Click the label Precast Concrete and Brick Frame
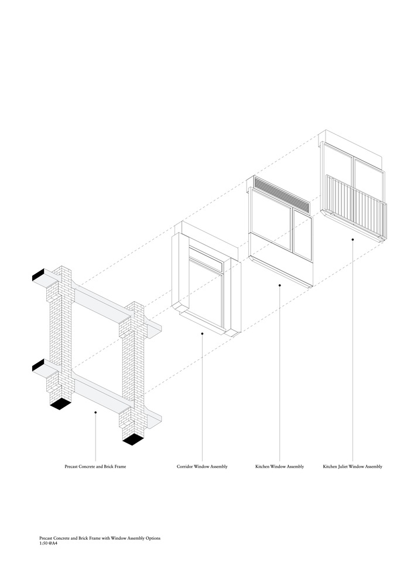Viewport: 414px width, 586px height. [95, 467]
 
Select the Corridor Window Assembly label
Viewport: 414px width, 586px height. [202, 467]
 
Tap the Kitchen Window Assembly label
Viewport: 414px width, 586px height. [279, 467]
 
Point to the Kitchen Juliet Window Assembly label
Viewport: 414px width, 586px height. [353, 467]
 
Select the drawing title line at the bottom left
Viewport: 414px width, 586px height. [100, 538]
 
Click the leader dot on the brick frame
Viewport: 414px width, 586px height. [95, 413]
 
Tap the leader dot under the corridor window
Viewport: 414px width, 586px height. [202, 333]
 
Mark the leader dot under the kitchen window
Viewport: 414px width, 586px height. [279, 285]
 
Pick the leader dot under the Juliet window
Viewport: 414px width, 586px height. [353, 239]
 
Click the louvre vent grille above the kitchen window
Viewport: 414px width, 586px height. [281, 194]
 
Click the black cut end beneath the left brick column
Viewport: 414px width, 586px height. [60, 404]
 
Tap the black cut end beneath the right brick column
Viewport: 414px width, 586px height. [133, 439]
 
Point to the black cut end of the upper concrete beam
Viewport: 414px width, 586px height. [39, 275]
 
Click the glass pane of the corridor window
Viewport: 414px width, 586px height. [205, 293]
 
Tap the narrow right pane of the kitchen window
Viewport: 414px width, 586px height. [302, 234]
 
